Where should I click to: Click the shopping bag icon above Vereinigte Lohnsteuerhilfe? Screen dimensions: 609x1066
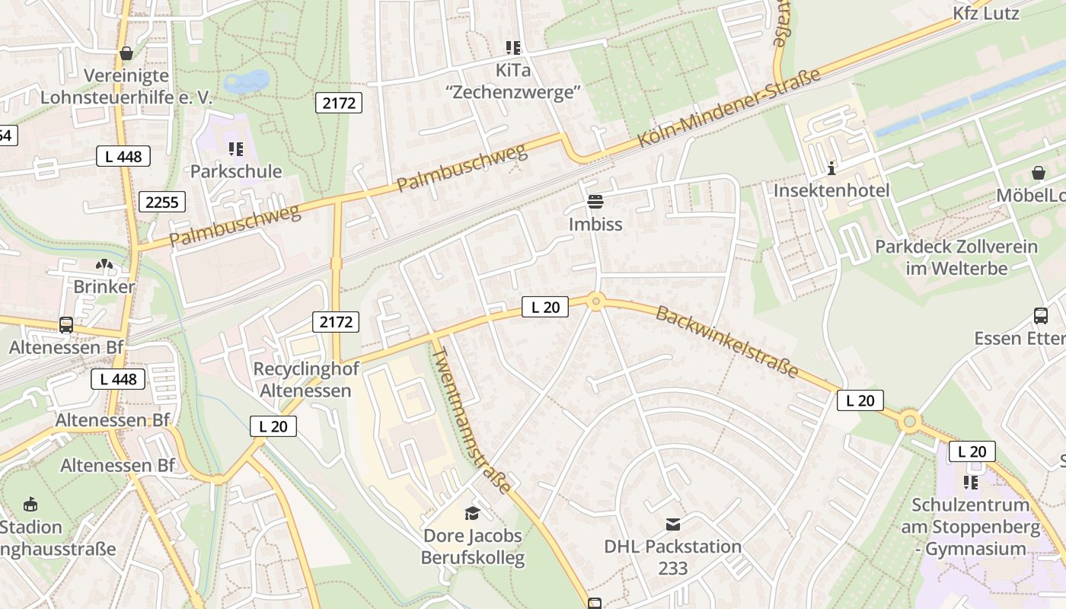pos(126,53)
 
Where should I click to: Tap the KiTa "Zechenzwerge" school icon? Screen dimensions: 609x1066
pos(513,48)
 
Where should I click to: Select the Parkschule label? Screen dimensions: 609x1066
pos(235,171)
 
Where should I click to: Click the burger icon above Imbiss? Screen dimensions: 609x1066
pos(595,202)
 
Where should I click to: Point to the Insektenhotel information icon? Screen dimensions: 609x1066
pos(831,167)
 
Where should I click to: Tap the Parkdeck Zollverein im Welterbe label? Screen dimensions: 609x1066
pos(956,257)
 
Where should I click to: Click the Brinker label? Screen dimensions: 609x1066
pos(104,287)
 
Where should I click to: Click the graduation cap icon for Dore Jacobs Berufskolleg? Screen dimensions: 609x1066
pos(473,513)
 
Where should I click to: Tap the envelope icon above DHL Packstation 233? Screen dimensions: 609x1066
pos(673,524)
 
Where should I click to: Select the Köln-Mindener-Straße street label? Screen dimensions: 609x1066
pos(729,108)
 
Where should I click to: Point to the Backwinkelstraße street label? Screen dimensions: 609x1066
pos(726,342)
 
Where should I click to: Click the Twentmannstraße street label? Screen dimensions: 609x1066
pos(471,420)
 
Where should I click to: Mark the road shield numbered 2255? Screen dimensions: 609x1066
pos(162,202)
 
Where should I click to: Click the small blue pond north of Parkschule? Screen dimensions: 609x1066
pos(247,81)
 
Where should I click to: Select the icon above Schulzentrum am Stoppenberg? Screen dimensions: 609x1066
pos(970,482)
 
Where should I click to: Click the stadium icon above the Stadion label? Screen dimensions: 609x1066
pos(30,504)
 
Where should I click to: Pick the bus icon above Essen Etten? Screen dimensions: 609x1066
pos(1040,315)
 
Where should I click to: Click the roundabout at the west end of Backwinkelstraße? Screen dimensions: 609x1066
pos(596,302)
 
